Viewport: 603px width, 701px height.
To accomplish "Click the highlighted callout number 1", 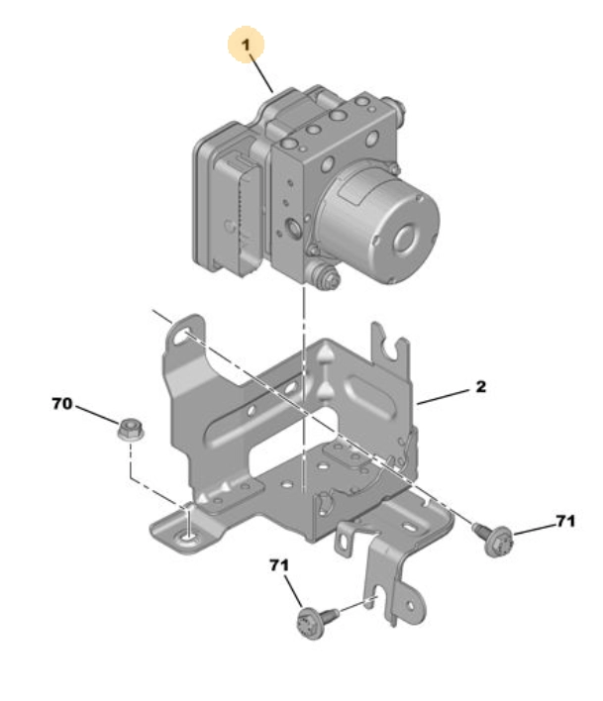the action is [x=246, y=45].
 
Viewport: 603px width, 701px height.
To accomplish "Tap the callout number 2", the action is [x=480, y=387].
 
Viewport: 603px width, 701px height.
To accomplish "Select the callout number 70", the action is [x=61, y=404].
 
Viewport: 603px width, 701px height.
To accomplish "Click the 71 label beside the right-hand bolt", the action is [x=565, y=521].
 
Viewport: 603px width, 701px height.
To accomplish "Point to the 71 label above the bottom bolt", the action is [x=279, y=565].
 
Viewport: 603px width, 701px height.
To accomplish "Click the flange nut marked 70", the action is [x=130, y=430].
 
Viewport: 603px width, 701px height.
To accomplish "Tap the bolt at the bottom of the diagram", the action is [x=317, y=620].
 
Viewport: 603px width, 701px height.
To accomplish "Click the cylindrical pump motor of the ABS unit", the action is [x=377, y=224].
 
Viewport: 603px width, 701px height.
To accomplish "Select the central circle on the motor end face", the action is [x=408, y=237].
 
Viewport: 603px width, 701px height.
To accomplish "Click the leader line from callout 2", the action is [x=443, y=397].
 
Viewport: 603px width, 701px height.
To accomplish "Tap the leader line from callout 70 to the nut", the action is [x=97, y=414].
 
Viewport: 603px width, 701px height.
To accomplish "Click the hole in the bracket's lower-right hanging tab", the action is [x=410, y=606].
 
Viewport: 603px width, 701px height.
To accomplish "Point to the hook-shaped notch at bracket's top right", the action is [x=390, y=350].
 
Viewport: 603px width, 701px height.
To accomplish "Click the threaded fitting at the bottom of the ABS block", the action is [x=323, y=275].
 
